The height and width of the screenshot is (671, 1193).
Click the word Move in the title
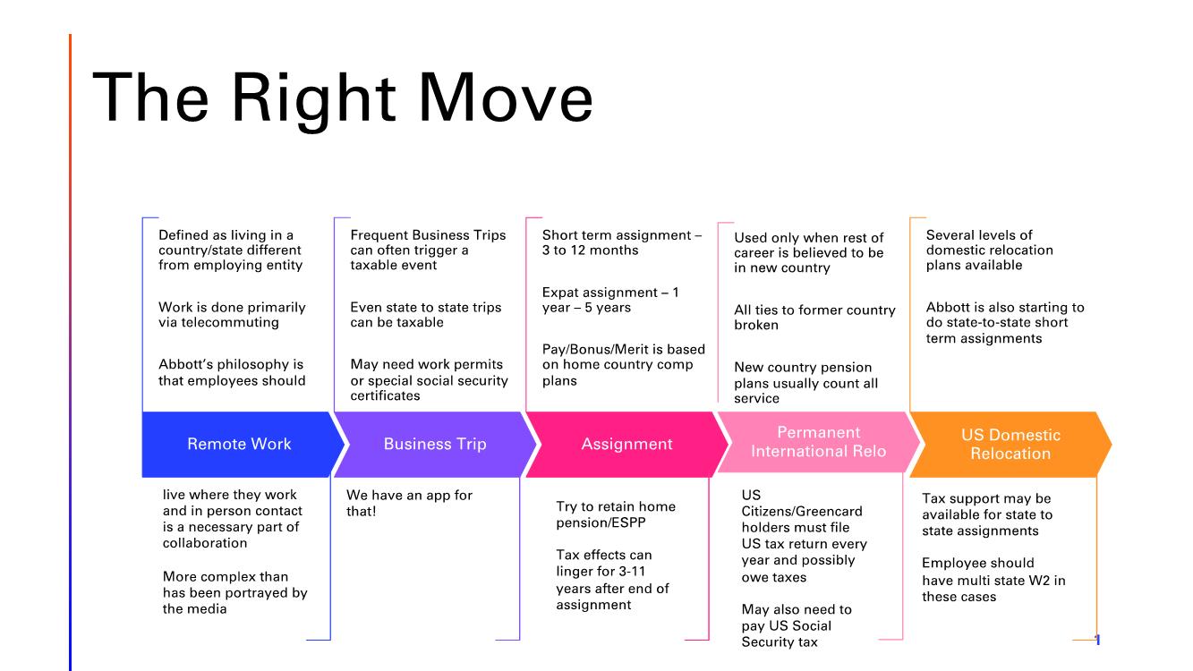(x=506, y=98)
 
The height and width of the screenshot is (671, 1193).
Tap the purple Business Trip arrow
(x=435, y=444)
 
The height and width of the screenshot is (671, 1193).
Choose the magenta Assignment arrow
(x=626, y=444)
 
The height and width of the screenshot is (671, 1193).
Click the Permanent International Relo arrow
(x=818, y=442)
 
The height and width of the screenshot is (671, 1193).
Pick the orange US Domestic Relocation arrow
(x=1010, y=444)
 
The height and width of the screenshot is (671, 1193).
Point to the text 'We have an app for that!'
(x=409, y=503)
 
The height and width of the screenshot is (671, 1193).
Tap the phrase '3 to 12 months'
(x=590, y=251)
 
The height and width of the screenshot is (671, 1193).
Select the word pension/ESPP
(x=601, y=523)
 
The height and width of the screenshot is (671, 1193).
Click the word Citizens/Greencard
(x=802, y=511)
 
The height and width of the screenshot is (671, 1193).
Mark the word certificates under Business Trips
(x=385, y=395)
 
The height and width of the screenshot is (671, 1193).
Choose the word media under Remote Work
(x=209, y=608)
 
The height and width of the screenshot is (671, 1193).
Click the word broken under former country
(x=756, y=325)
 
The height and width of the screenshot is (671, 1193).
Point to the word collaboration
(x=205, y=543)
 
